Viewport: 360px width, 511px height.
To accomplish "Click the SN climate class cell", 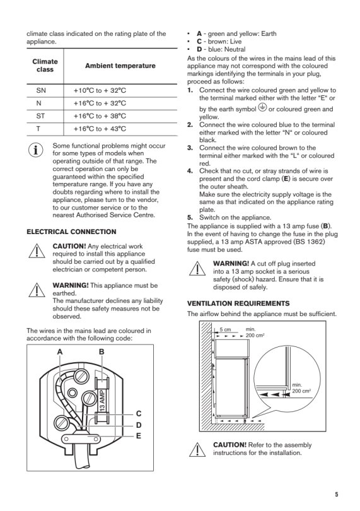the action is tap(41, 90).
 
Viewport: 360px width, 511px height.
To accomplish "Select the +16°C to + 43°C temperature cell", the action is tap(100, 129).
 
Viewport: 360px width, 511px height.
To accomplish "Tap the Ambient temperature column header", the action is tap(120, 66).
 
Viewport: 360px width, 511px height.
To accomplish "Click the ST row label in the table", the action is tap(41, 116).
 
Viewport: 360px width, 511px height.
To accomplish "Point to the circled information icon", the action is tap(36, 150).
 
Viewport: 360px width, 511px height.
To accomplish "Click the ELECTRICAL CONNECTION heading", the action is tap(71, 232).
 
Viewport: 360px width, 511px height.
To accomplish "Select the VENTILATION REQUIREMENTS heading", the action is tap(238, 303).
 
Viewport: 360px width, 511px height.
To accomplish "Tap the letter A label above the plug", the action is tap(60, 351).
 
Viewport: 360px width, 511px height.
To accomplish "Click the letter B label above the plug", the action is tap(102, 351).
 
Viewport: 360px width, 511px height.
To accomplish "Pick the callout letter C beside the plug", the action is tap(139, 414).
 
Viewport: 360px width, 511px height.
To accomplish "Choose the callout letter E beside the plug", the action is tap(139, 436).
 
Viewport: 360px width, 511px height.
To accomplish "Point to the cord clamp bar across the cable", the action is tap(81, 439).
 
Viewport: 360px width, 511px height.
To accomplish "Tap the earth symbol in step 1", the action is tap(262, 107).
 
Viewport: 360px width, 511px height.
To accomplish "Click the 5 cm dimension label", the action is tap(225, 329).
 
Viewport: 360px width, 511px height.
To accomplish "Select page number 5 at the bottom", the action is tap(337, 495).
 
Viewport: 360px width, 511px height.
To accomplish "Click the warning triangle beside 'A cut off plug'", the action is tap(197, 269).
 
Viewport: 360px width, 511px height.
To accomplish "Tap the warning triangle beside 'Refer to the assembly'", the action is tap(197, 450).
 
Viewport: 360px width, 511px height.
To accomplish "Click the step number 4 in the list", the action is tap(190, 171).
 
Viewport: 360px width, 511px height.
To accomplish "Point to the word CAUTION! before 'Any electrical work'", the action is tap(69, 246).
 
